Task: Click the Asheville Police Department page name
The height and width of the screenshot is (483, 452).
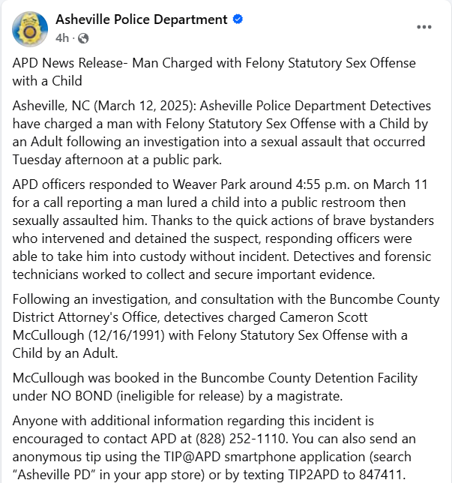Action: (141, 19)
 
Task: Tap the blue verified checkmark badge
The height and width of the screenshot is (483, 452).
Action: (238, 19)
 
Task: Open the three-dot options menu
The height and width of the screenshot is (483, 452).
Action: (424, 27)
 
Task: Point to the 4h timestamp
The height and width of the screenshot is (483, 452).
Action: (62, 37)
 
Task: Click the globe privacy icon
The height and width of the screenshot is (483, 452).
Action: (82, 37)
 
